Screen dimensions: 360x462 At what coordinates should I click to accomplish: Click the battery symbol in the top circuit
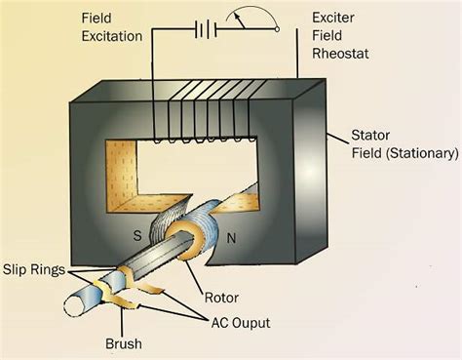click(205, 28)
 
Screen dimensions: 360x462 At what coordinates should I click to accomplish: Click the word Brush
click(124, 344)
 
